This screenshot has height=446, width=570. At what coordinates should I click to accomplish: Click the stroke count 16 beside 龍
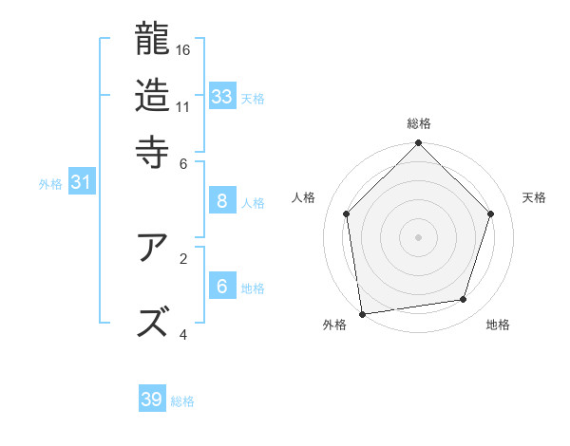[x=184, y=48]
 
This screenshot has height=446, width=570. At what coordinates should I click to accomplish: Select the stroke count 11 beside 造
[x=183, y=106]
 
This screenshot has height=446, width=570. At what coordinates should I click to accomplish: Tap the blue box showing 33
[x=222, y=97]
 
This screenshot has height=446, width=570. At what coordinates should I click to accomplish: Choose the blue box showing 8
[x=222, y=200]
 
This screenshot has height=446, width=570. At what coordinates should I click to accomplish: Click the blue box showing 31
[x=82, y=183]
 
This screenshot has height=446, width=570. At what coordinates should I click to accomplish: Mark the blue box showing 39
[x=152, y=400]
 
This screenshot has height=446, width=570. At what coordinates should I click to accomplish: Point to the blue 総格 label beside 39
[x=182, y=401]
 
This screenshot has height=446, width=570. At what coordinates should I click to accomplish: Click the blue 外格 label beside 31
[x=50, y=184]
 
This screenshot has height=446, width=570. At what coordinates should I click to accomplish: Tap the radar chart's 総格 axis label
[x=419, y=123]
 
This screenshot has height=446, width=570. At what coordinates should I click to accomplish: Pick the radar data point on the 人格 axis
[x=347, y=214]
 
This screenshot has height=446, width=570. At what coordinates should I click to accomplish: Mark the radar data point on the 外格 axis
[x=362, y=313]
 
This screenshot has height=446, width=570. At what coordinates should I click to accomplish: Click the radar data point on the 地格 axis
[x=464, y=300]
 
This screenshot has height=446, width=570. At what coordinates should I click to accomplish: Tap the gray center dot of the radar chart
[x=419, y=236]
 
